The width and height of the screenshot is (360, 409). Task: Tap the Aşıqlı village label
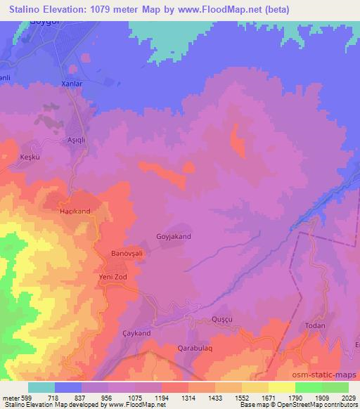coord(75,139)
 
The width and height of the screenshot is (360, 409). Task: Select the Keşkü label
coord(32,157)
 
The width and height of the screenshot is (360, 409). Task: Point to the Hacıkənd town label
coord(76,211)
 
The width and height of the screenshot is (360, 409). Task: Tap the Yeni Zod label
coord(112,277)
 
